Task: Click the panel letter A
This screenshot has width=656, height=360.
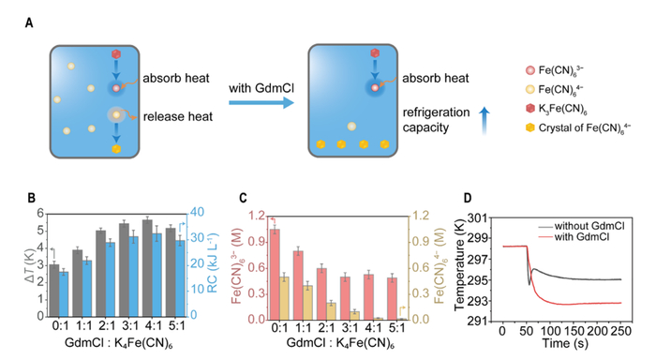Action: point(29,22)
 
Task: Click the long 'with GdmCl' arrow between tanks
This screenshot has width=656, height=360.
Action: point(261,102)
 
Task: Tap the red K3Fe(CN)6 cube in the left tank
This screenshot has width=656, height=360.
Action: point(116,54)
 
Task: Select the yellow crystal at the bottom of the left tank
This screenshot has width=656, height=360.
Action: point(116,149)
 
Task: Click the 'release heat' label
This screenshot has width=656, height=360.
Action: point(178,116)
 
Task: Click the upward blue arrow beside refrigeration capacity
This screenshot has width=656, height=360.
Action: point(485,121)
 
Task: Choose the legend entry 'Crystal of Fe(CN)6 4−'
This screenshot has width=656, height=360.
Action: point(578,127)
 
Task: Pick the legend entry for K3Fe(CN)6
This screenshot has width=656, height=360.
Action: point(557,109)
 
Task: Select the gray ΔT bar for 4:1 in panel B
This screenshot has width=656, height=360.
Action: point(147,268)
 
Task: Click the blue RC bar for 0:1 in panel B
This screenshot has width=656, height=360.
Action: point(64,293)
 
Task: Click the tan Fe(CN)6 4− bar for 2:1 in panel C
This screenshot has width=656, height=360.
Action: point(332,311)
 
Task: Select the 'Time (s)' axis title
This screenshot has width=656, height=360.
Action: point(565,344)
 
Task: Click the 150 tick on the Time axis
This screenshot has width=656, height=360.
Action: point(573,332)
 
